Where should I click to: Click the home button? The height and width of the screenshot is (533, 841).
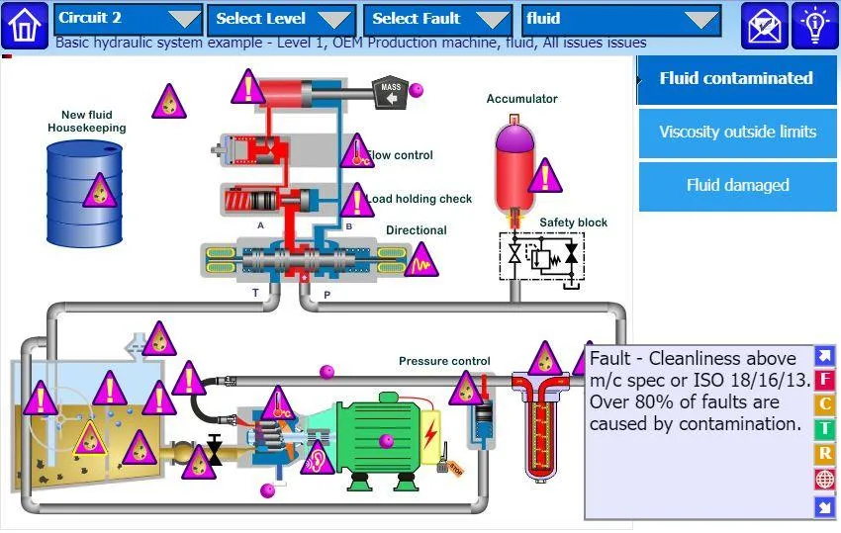pyautogui.click(x=25, y=25)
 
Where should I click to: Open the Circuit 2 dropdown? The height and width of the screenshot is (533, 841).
pyautogui.click(x=129, y=20)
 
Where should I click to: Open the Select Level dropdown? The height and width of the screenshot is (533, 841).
pyautogui.click(x=282, y=20)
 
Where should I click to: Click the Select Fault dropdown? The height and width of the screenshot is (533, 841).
pyautogui.click(x=438, y=20)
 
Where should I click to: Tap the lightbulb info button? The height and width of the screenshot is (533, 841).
pyautogui.click(x=814, y=25)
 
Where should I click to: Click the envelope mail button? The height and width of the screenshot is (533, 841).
pyautogui.click(x=764, y=25)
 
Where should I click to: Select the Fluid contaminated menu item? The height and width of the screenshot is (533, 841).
pyautogui.click(x=737, y=79)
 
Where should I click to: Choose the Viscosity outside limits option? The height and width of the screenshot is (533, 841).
pyautogui.click(x=737, y=133)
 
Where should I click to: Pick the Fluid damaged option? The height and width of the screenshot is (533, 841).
pyautogui.click(x=737, y=186)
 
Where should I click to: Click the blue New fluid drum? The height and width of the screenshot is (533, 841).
pyautogui.click(x=84, y=193)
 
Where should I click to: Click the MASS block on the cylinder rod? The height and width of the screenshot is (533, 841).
pyautogui.click(x=390, y=92)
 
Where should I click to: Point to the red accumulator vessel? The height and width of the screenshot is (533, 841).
pyautogui.click(x=514, y=169)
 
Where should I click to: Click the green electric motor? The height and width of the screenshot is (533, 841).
pyautogui.click(x=378, y=440)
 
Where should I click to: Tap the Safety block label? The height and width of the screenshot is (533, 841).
pyautogui.click(x=573, y=222)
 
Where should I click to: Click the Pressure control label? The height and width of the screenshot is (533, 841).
pyautogui.click(x=444, y=361)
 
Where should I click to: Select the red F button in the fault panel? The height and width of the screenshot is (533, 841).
pyautogui.click(x=824, y=379)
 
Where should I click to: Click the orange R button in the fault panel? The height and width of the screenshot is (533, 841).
pyautogui.click(x=824, y=454)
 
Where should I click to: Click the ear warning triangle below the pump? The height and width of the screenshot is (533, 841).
pyautogui.click(x=317, y=459)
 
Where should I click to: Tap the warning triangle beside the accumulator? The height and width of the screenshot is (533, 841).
pyautogui.click(x=545, y=176)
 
